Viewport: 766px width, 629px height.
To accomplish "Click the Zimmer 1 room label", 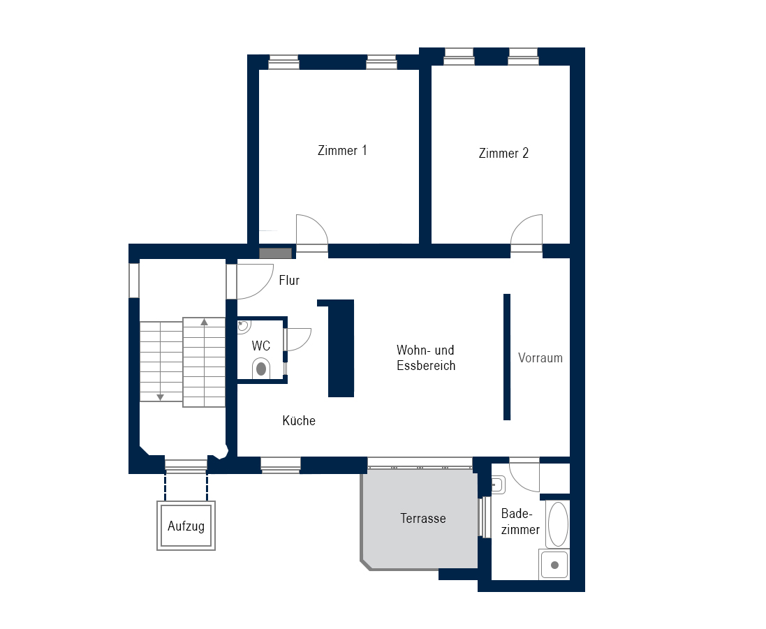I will pyautogui.click(x=342, y=151).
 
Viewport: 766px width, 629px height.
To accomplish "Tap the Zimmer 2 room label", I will pyautogui.click(x=503, y=154).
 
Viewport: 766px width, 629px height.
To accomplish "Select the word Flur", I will pyautogui.click(x=289, y=281).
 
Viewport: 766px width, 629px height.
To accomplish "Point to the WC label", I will pyautogui.click(x=261, y=346).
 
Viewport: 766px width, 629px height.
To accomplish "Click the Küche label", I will pyautogui.click(x=299, y=421).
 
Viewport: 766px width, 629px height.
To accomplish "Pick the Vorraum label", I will pyautogui.click(x=540, y=358).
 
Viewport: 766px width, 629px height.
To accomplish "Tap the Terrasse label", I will pyautogui.click(x=422, y=519).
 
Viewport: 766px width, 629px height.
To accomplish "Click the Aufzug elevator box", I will pyautogui.click(x=186, y=526).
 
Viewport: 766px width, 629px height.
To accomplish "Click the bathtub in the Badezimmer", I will pyautogui.click(x=558, y=524).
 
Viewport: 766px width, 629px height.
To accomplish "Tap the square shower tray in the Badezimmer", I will pyautogui.click(x=555, y=564).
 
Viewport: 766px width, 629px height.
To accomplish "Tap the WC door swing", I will pyautogui.click(x=299, y=339).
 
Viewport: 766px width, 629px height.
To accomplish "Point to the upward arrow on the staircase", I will pyautogui.click(x=204, y=323).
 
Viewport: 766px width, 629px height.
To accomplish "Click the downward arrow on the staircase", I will pyautogui.click(x=160, y=397).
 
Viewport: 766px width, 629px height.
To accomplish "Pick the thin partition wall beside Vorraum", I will pyautogui.click(x=507, y=357).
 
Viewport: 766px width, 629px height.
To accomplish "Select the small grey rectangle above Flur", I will pyautogui.click(x=275, y=253).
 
